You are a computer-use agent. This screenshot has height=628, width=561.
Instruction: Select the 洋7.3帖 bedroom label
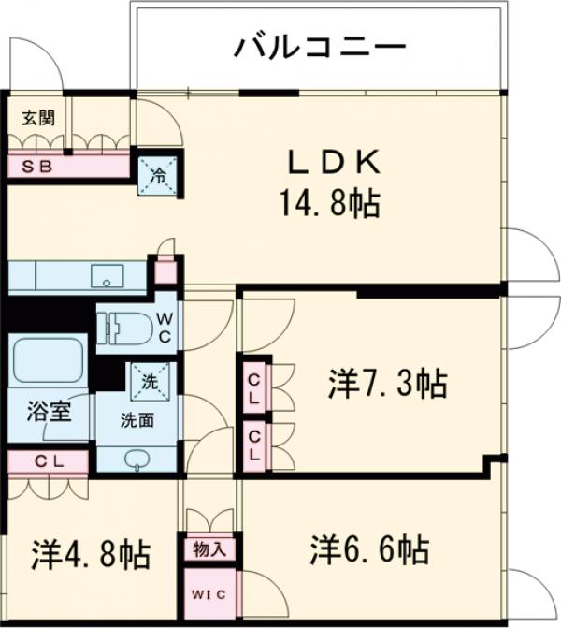click(x=386, y=383)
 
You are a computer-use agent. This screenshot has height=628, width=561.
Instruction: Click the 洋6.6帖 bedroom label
click(x=370, y=548)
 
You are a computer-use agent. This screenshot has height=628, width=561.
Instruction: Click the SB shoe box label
click(x=38, y=167)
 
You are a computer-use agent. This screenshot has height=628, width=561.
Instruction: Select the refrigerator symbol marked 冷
click(x=156, y=174)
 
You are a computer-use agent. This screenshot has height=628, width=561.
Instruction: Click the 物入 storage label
click(x=210, y=548)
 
